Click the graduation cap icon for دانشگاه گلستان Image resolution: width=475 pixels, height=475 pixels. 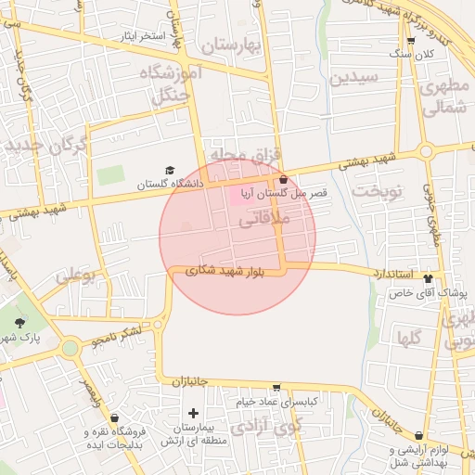pos(169,170)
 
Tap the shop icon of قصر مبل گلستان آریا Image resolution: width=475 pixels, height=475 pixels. pos(282,179)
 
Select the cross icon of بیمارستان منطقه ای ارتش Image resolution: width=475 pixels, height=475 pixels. pos(193,412)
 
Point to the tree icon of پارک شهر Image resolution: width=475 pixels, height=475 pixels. pos(20,323)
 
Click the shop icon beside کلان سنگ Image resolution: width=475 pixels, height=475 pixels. pos(410,41)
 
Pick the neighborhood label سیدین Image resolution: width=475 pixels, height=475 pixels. pos(353,76)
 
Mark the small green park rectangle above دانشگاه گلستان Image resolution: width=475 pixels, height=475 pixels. pos(110,174)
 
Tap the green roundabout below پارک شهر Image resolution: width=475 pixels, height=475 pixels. pos(70,348)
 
